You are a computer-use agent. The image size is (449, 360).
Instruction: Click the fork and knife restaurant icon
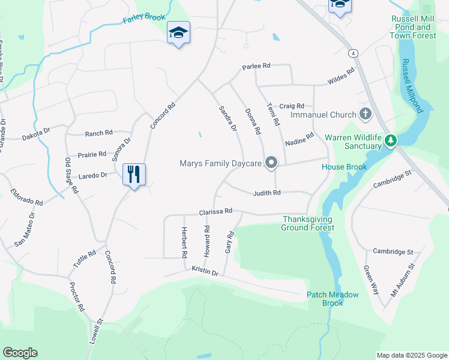click(134, 175)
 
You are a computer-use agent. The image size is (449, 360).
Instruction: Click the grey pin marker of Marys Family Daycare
click(271, 163)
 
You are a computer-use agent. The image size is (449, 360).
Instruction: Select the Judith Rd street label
click(267, 193)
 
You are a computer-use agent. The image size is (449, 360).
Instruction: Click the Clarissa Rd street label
click(215, 212)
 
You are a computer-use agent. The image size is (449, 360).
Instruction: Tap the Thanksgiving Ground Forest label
click(308, 223)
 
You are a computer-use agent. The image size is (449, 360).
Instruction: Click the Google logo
click(20, 353)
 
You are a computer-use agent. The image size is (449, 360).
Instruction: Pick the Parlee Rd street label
click(256, 66)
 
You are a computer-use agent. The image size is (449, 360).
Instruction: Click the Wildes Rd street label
click(341, 76)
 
